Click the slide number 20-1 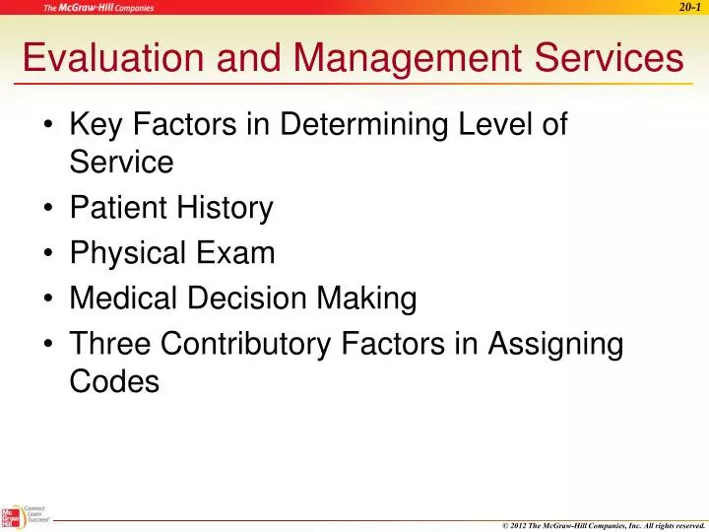[x=688, y=8]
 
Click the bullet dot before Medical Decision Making [x=50, y=299]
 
